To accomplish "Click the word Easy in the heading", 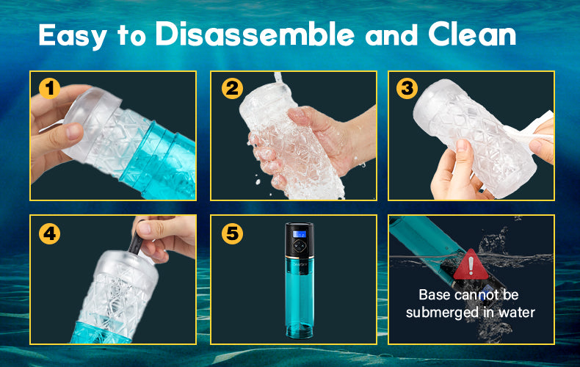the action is pyautogui.click(x=73, y=36).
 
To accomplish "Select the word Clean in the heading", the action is pyautogui.click(x=472, y=34).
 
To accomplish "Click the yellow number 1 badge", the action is pyautogui.click(x=50, y=88).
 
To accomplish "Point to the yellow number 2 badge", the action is pyautogui.click(x=232, y=88).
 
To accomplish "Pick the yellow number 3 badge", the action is pyautogui.click(x=407, y=88).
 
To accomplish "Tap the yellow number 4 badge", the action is pyautogui.click(x=50, y=233).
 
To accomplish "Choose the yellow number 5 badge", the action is pyautogui.click(x=232, y=233).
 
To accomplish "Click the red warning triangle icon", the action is pyautogui.click(x=471, y=265).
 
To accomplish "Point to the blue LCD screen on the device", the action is pyautogui.click(x=299, y=233).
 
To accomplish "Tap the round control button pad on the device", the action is pyautogui.click(x=300, y=246).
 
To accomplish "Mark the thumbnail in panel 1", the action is pyautogui.click(x=74, y=131).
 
